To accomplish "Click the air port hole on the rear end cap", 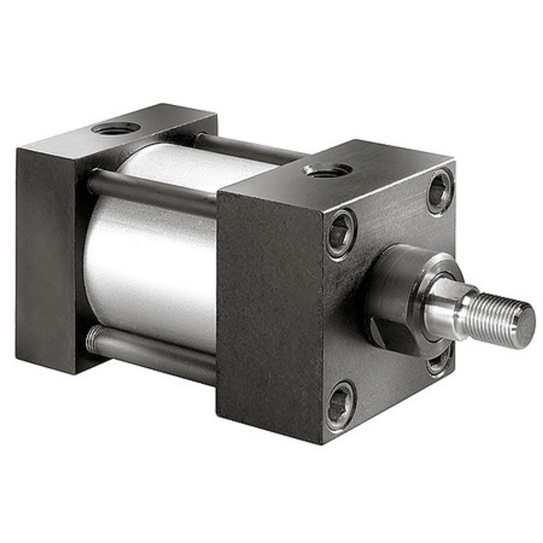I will pos(115,128).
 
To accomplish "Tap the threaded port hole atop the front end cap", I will pos(327,170).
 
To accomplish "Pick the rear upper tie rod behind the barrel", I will pos(250,148).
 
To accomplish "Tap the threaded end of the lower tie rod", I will pos(91,339).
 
